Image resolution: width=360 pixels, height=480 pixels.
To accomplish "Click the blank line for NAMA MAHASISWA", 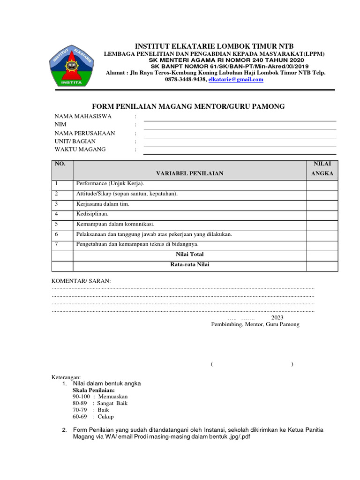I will click(x=240, y=118).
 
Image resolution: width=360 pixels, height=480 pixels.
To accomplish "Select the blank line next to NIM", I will click(x=240, y=126).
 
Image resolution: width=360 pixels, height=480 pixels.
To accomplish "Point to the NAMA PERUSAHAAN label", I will click(x=85, y=133).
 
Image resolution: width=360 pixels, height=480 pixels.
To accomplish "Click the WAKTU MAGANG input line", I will click(x=240, y=151).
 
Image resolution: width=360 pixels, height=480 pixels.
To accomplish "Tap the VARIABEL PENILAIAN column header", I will click(x=190, y=173).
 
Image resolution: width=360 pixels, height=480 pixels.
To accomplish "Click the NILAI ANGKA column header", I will click(x=322, y=168).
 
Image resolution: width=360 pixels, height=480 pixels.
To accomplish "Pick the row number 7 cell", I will click(x=62, y=244).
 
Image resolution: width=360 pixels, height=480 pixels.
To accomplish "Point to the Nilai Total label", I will click(x=190, y=255).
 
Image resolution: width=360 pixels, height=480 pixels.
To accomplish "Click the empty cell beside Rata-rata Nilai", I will click(x=322, y=265).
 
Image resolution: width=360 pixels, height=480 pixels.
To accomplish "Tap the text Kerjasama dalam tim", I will click(x=102, y=203).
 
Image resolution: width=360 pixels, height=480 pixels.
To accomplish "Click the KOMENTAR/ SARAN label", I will click(x=81, y=281).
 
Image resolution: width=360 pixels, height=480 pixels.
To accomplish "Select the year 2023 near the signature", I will click(x=284, y=317).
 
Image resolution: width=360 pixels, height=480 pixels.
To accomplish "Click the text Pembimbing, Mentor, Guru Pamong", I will click(x=255, y=324).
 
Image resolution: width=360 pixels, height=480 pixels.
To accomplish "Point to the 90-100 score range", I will click(x=81, y=397).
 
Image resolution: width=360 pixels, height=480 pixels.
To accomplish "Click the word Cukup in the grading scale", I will click(x=105, y=416).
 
